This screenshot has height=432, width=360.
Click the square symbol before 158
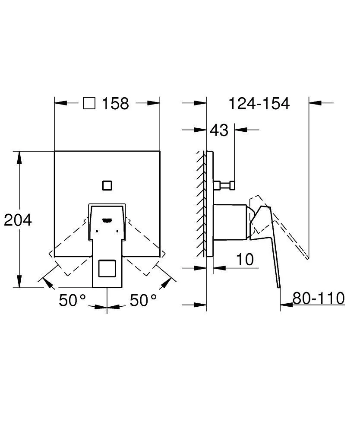point(89,103)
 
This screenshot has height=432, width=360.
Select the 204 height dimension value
point(18,220)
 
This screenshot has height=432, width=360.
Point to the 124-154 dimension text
point(259,104)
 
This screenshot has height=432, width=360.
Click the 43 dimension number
point(219,130)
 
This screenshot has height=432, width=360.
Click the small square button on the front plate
point(107,185)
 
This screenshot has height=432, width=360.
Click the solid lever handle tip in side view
point(278,285)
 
